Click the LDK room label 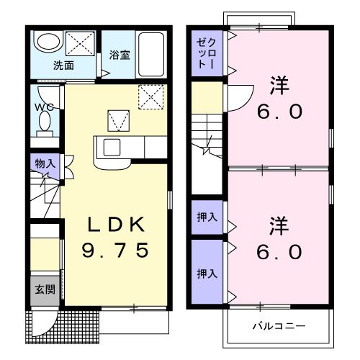117,225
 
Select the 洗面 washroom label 63,65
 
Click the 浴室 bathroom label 120,55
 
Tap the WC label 43,109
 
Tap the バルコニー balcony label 278,326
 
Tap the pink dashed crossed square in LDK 152,96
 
